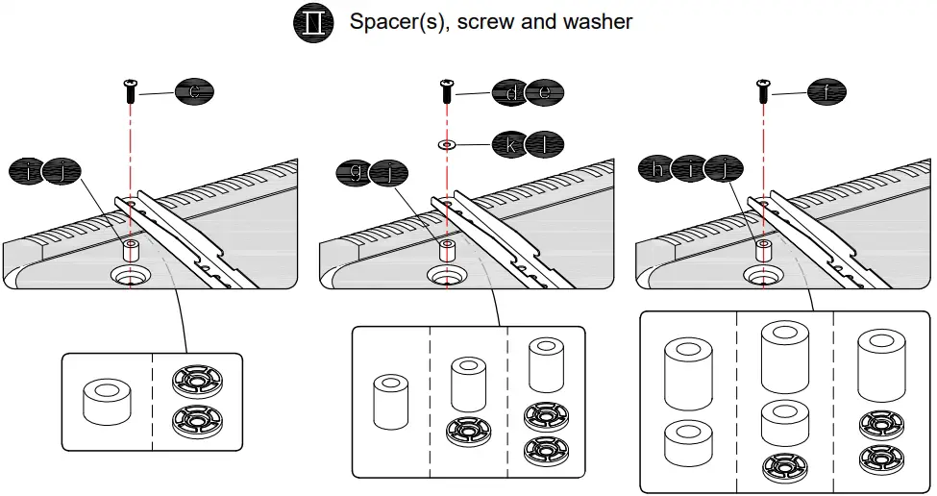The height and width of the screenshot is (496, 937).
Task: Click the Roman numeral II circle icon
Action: click(x=313, y=22)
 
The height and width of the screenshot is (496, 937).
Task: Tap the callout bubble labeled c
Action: click(x=194, y=92)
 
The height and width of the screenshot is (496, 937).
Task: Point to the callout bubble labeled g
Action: click(x=357, y=172)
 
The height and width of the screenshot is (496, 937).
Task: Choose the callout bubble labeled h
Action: click(x=656, y=169)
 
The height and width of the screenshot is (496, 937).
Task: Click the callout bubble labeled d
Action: click(x=510, y=92)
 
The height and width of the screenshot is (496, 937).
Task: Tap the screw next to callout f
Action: click(x=762, y=92)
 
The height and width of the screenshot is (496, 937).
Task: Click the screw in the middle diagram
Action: click(x=447, y=92)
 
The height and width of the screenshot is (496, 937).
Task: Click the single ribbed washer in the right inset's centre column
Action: click(x=784, y=467)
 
